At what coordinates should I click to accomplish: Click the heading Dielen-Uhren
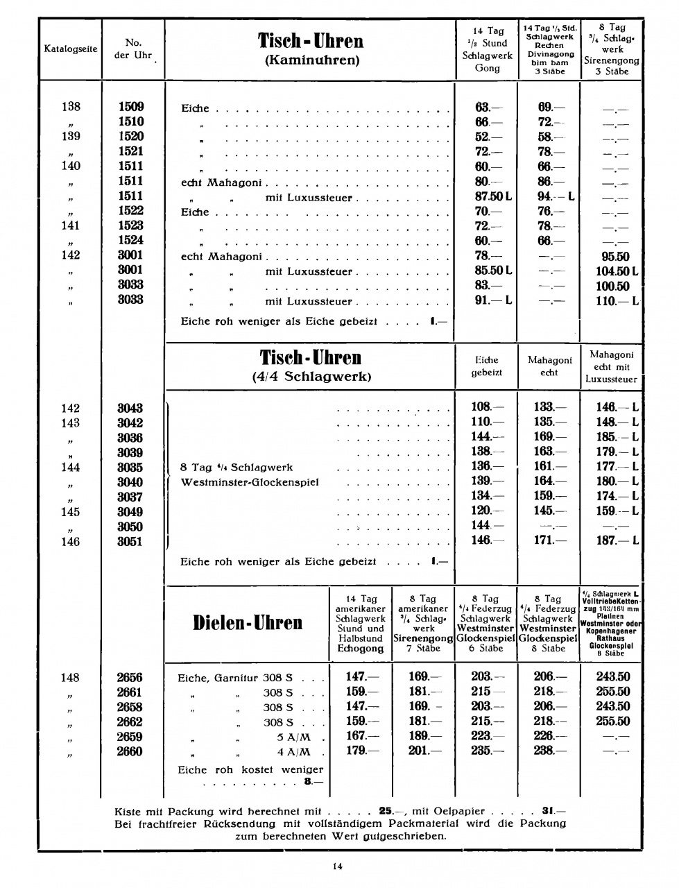pyautogui.click(x=248, y=622)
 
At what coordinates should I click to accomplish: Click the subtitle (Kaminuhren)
pyautogui.click(x=312, y=60)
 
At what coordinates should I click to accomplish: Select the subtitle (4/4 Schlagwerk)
pyautogui.click(x=311, y=377)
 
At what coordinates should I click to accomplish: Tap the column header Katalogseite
pyautogui.click(x=71, y=49)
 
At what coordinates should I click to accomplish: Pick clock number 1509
pyautogui.click(x=131, y=107)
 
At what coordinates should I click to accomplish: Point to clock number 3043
pyautogui.click(x=130, y=408)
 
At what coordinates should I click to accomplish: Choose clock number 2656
pyautogui.click(x=130, y=677)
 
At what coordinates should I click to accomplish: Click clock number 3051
pyautogui.click(x=130, y=542)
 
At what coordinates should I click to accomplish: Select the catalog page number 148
pyautogui.click(x=70, y=678)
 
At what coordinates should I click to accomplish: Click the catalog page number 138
pyautogui.click(x=71, y=107)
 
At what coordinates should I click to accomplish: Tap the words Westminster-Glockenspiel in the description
pyautogui.click(x=250, y=482)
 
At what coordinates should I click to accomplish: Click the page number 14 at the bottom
pyautogui.click(x=338, y=865)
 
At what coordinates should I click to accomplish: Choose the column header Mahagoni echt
pyautogui.click(x=549, y=366)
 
